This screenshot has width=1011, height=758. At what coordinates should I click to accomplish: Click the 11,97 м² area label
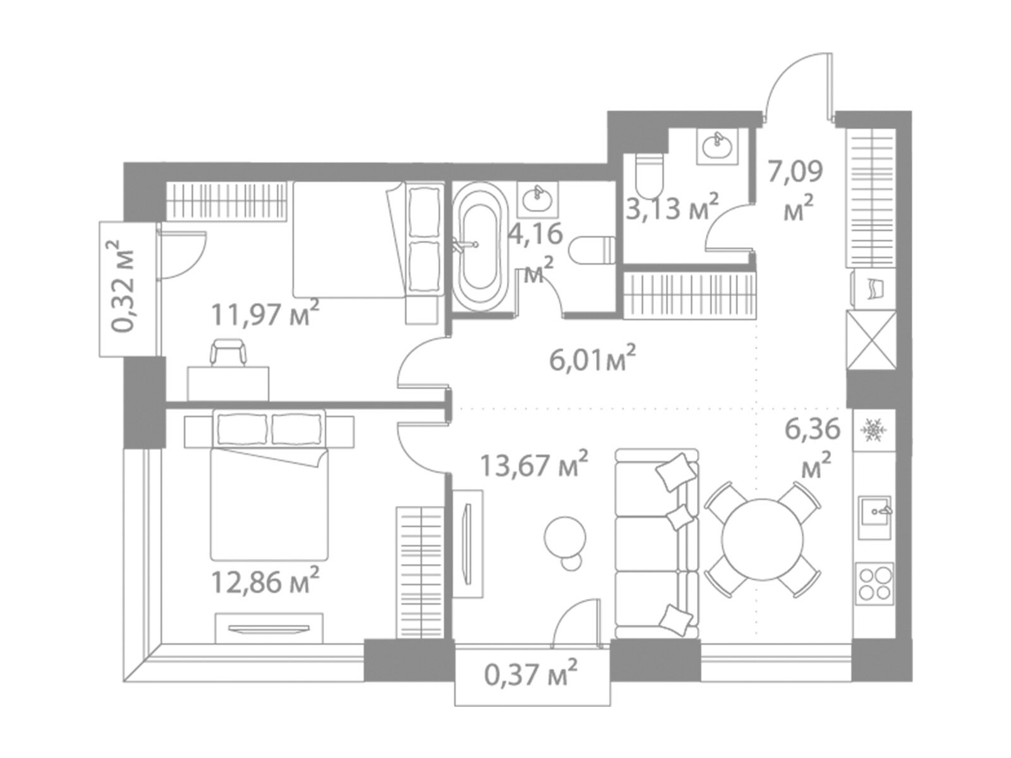pyautogui.click(x=265, y=314)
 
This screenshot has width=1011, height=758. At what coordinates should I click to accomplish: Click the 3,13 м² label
pyautogui.click(x=672, y=207)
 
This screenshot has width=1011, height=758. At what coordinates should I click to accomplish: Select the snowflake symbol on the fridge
pyautogui.click(x=871, y=430)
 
